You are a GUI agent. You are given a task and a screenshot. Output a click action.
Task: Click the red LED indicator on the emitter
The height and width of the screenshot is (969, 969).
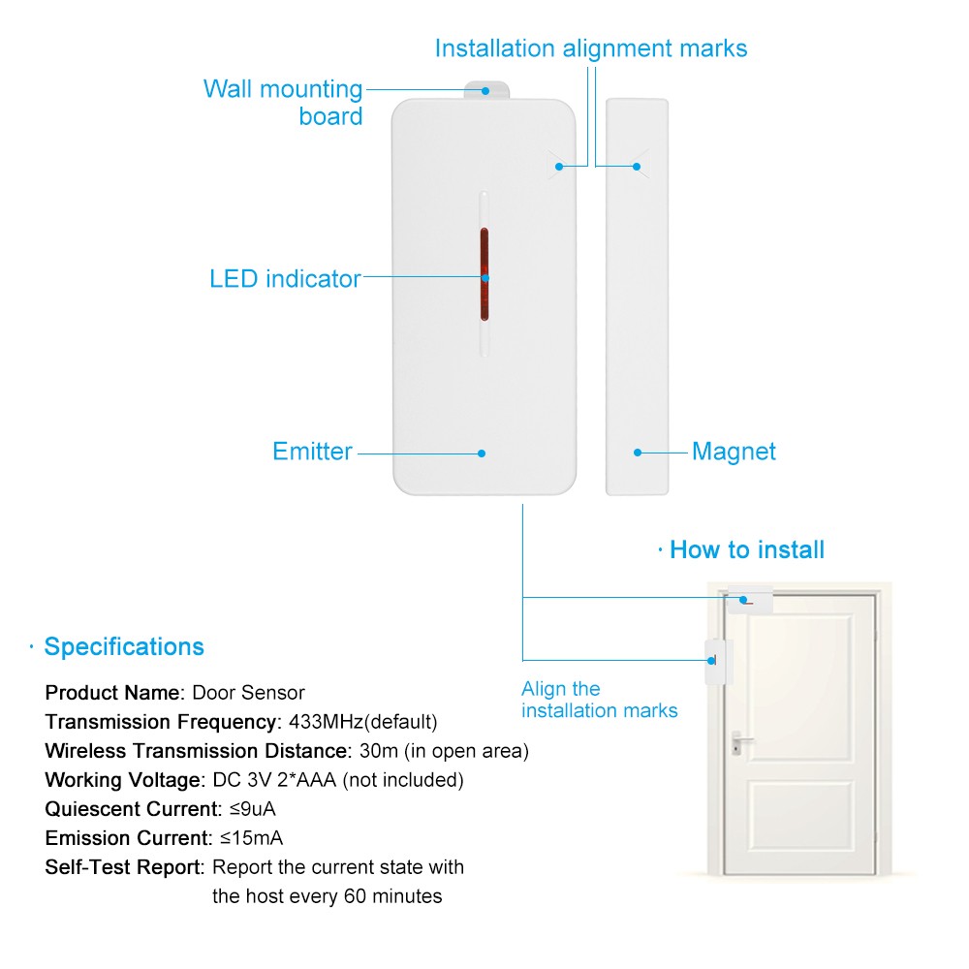coord(484,274)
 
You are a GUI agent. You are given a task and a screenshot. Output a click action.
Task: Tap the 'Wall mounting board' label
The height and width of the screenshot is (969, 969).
coord(283,103)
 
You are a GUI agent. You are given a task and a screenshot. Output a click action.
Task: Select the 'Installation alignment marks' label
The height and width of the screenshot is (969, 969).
coord(591,48)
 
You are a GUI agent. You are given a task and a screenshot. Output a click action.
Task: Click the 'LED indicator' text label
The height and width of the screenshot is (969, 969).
coord(285,279)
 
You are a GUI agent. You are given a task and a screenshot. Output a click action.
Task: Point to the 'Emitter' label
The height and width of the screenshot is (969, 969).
coord(312,452)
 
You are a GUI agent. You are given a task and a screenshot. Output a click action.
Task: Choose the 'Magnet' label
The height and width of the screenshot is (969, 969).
coord(734,452)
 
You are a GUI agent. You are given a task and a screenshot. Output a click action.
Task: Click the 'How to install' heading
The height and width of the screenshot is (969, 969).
coord(747,549)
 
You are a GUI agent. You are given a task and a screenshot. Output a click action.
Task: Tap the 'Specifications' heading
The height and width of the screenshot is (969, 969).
coord(124,646)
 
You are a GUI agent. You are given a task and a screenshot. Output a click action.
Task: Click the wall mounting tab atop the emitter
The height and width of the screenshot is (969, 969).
coord(487,90)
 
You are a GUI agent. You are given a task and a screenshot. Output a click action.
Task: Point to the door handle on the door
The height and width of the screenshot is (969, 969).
coord(739,743)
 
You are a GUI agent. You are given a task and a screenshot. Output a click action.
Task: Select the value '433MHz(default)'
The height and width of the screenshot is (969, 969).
coord(362,722)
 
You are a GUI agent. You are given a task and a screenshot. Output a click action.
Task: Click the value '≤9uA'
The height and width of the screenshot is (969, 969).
coord(253,809)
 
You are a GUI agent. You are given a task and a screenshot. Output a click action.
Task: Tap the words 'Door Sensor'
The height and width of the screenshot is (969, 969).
coord(248,693)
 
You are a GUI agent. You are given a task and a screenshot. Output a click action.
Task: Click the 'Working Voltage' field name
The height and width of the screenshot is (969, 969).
coord(123,780)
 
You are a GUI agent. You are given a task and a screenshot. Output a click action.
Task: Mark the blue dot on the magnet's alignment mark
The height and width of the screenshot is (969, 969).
coord(637,167)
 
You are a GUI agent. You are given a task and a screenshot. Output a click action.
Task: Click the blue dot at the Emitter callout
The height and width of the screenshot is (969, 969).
coord(482,453)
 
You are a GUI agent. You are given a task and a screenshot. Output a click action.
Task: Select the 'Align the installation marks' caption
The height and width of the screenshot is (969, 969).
coord(599,700)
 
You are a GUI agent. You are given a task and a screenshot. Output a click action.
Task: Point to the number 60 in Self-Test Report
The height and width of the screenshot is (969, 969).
coord(356,896)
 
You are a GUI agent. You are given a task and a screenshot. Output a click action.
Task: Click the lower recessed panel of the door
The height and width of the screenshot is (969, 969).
coord(801,814)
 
